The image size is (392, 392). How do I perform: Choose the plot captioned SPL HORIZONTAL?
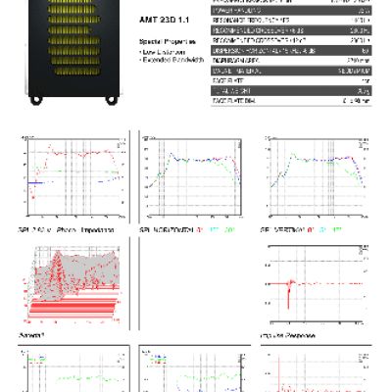point(190,181)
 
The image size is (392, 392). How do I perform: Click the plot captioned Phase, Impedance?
point(73,181)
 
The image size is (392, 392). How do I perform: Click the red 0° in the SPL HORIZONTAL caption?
point(200,229)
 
